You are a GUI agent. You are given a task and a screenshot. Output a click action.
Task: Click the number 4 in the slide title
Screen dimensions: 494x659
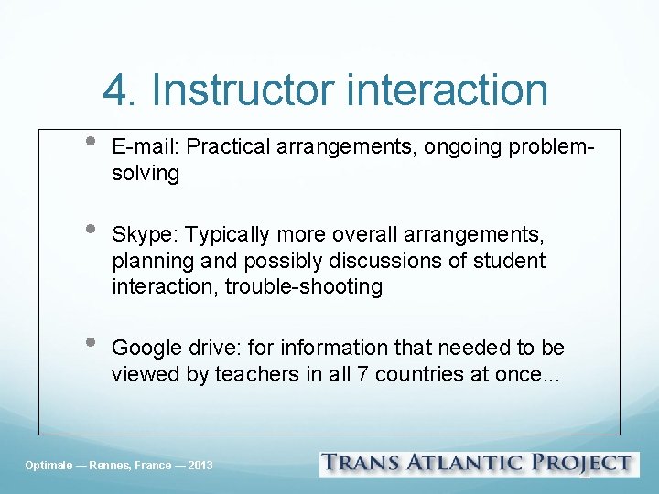pyautogui.click(x=116, y=90)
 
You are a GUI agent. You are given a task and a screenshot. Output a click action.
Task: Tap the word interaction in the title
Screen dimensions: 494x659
pyautogui.click(x=448, y=90)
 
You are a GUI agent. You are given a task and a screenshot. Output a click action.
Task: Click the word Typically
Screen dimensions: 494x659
pyautogui.click(x=226, y=234)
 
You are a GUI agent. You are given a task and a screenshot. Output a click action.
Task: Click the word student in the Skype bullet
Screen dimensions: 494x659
pyautogui.click(x=510, y=261)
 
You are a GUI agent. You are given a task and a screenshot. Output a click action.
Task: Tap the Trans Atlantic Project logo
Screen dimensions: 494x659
pyautogui.click(x=476, y=464)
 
